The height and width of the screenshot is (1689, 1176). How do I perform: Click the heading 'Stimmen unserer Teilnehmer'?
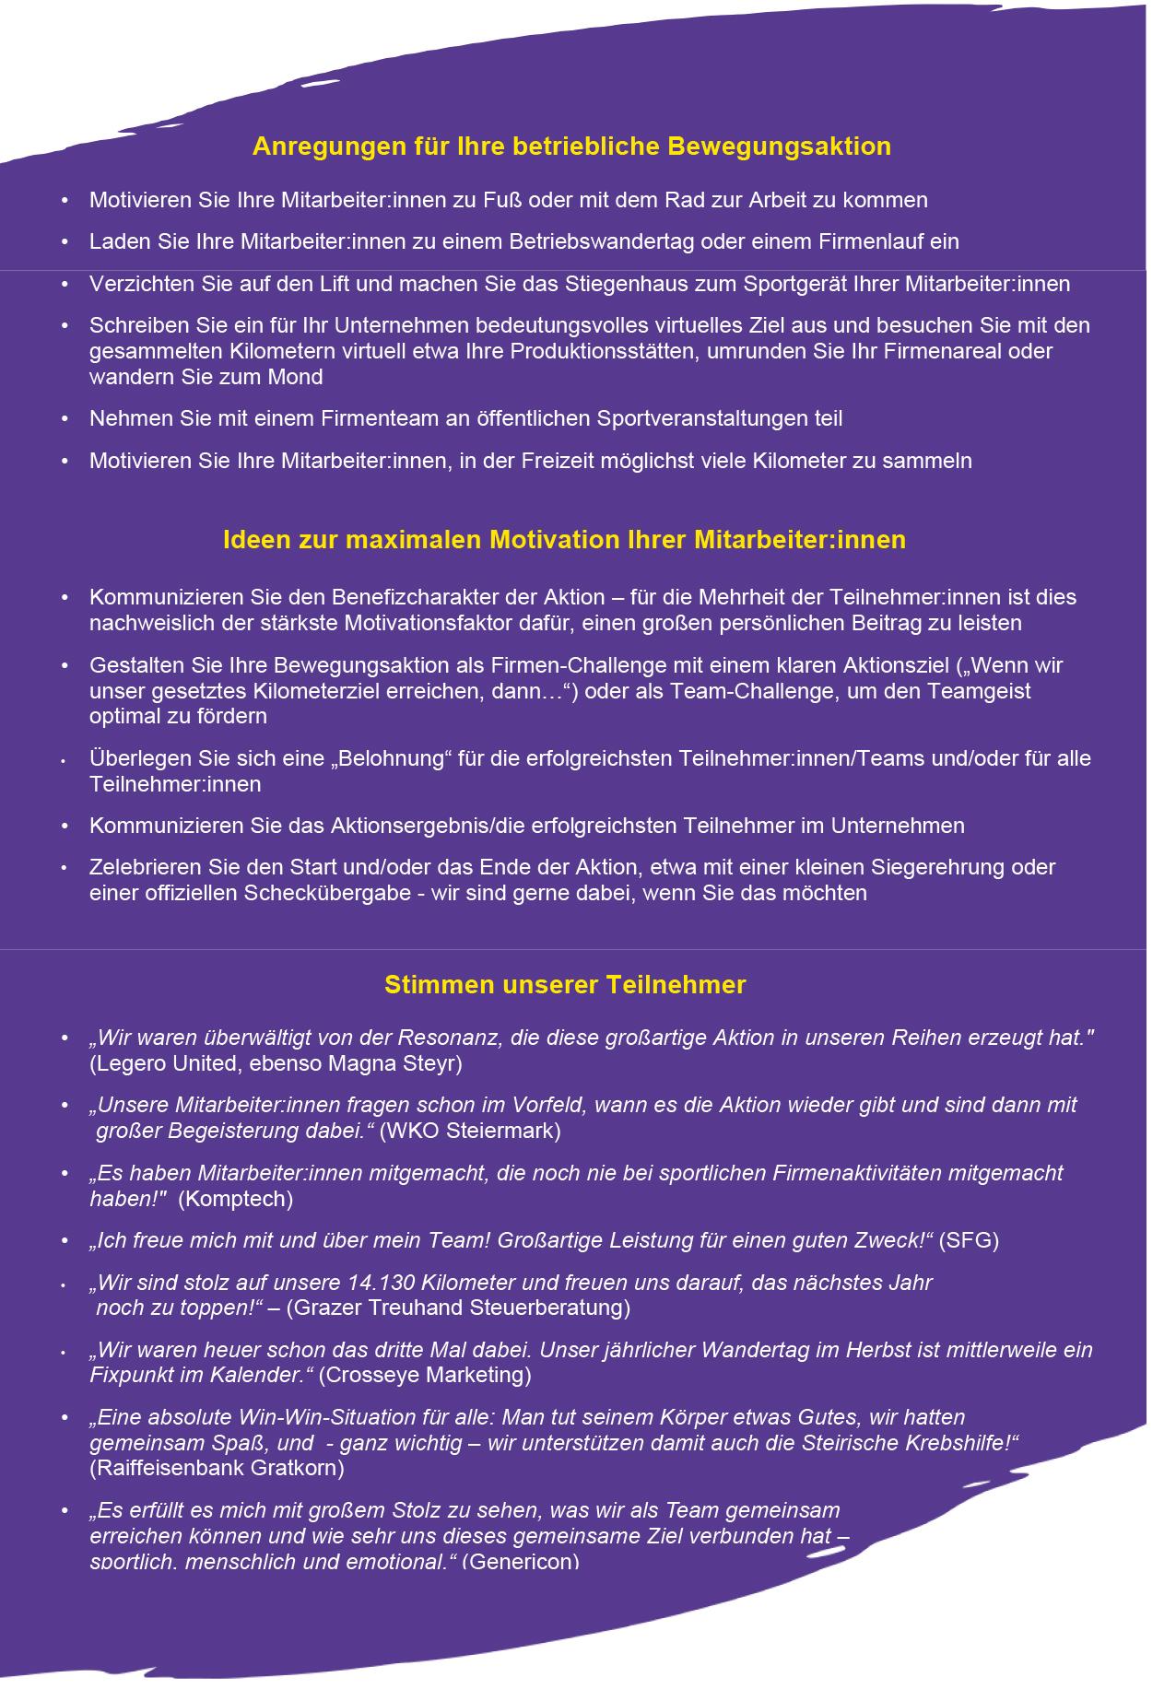coord(564,985)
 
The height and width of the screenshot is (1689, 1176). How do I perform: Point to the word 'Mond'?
coord(298,377)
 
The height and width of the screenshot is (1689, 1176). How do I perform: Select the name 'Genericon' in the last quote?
coord(523,1562)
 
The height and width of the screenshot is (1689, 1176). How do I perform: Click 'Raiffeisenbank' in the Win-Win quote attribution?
coord(167,1468)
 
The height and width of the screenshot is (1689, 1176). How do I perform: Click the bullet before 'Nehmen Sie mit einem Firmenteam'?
coord(65,419)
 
